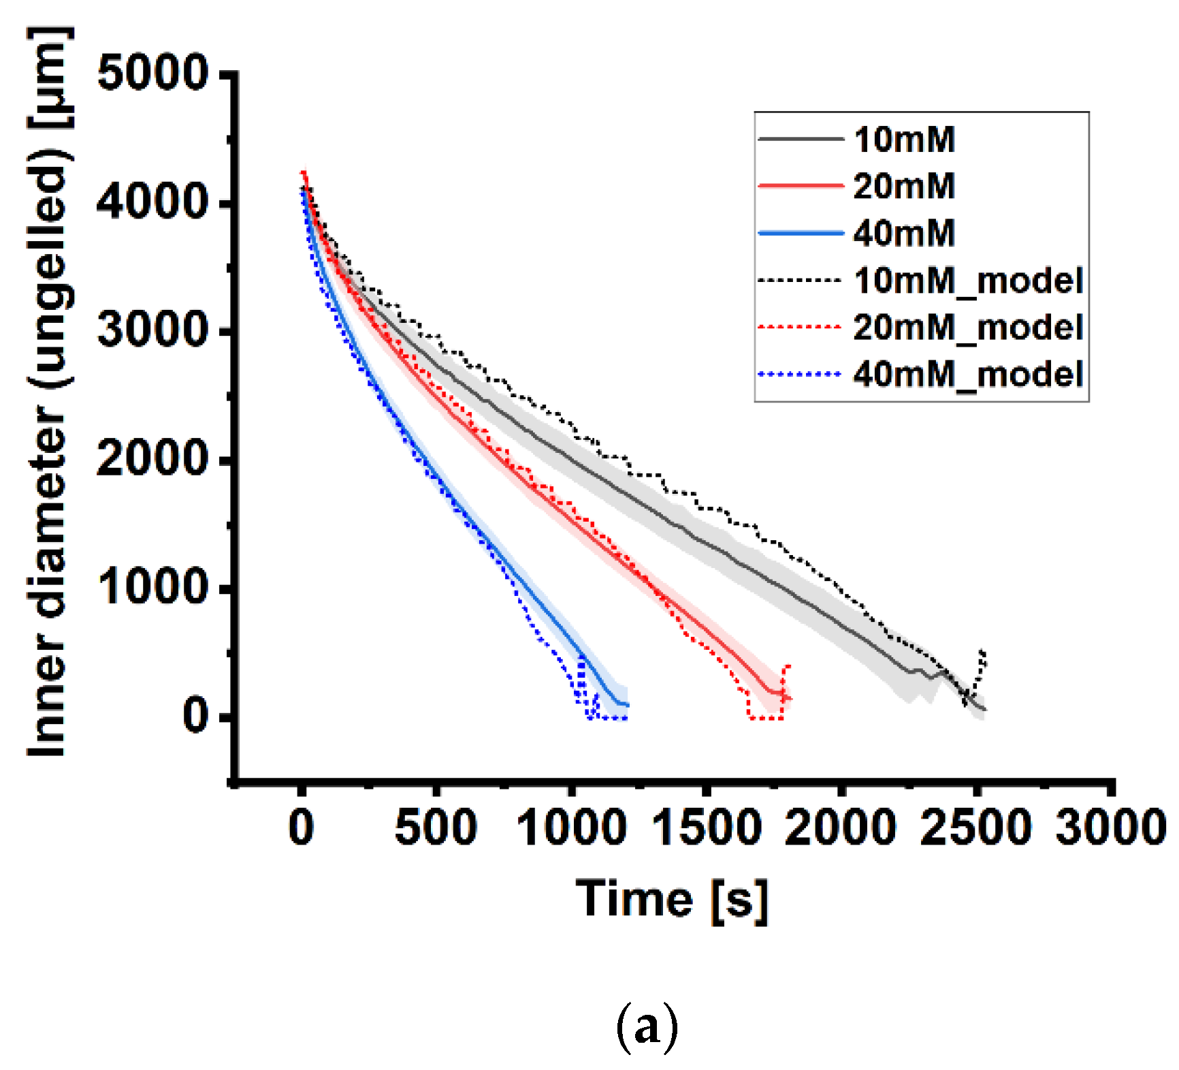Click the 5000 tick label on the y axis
coord(152,73)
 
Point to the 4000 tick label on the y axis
coord(152,202)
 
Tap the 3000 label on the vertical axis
coord(152,330)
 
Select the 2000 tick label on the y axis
coord(152,458)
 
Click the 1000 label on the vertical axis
coord(152,586)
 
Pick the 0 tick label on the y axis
coord(196,715)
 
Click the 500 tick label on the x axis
coord(436,828)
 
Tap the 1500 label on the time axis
coord(706,828)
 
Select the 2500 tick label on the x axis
coord(975,828)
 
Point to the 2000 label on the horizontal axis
coord(841,828)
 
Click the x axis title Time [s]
coord(672,900)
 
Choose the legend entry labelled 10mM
coord(904,140)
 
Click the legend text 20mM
coord(904,186)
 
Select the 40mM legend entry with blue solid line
coord(904,233)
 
